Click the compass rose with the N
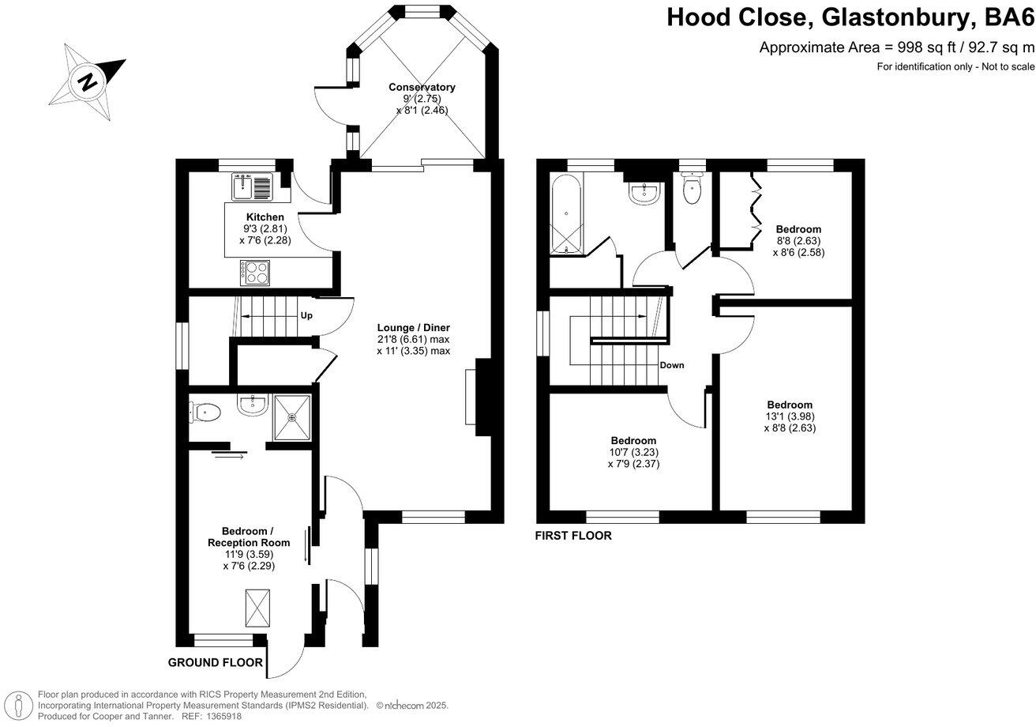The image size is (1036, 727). [86, 81]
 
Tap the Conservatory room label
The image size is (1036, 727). [422, 87]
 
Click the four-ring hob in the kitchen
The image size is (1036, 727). [255, 272]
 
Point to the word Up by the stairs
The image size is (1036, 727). [306, 315]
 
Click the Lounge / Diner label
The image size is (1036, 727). [413, 327]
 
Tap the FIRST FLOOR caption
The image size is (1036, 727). [573, 536]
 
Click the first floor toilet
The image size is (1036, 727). [692, 190]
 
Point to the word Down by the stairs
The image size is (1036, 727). [672, 365]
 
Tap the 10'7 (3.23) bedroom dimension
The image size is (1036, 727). [633, 452]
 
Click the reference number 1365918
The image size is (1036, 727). [223, 716]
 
